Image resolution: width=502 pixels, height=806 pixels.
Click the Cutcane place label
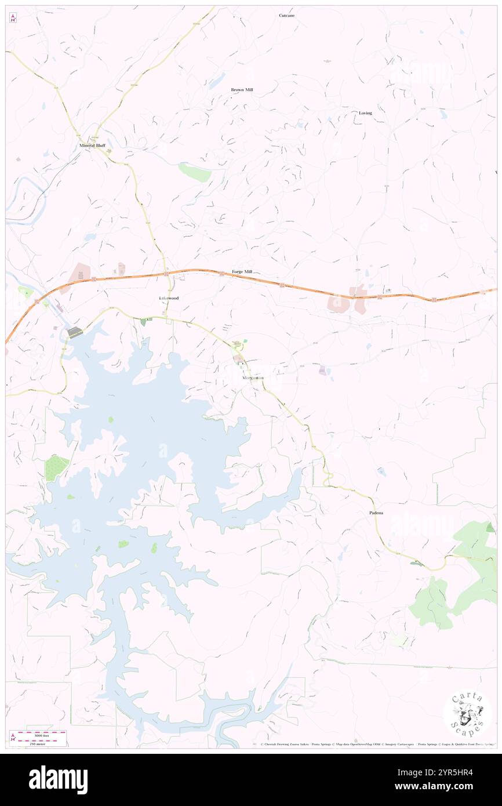pos(286,16)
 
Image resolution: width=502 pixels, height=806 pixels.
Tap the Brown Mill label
pos(242,90)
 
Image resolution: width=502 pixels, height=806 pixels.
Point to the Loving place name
pos(365,113)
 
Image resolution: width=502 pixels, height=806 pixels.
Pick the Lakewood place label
pos(169,298)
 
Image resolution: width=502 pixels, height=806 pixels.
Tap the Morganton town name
pos(253,377)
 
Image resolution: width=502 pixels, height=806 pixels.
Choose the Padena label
pos(376,513)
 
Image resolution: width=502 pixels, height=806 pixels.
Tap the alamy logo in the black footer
pos(58,780)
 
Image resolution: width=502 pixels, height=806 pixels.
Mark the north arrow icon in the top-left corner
pos(13,19)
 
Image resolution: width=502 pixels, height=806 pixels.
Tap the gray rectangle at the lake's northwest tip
pos(75,332)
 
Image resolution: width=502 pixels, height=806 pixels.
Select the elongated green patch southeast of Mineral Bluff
pos(194,172)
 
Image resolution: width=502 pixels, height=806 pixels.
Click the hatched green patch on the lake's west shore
pos(57,466)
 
